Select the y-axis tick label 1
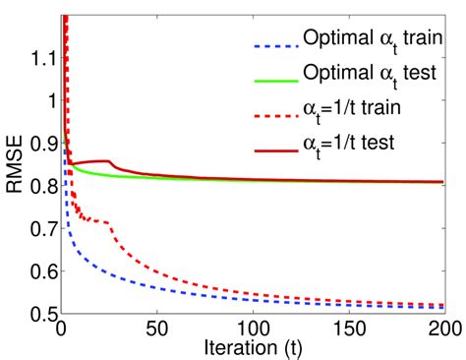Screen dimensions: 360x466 tap(48, 100)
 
